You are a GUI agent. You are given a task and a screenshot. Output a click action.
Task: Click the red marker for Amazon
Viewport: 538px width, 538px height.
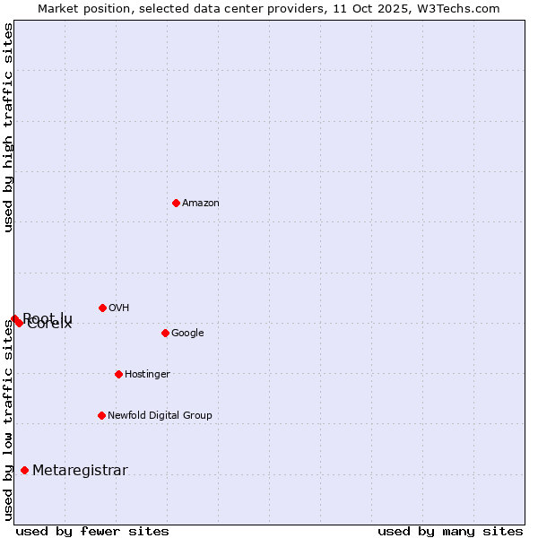click(176, 203)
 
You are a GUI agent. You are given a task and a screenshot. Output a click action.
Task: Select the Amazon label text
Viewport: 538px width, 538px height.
click(201, 204)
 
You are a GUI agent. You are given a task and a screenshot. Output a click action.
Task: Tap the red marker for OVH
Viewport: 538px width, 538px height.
click(102, 308)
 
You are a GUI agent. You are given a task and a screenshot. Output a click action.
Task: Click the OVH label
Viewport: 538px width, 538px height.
click(119, 308)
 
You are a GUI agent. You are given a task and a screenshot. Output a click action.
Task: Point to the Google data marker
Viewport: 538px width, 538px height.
click(165, 333)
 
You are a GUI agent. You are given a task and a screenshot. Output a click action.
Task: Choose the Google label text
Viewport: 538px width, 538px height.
click(187, 334)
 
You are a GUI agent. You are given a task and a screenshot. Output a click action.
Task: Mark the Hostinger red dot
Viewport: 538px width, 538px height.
click(118, 374)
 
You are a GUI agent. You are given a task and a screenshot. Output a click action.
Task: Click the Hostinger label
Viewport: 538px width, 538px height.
click(147, 375)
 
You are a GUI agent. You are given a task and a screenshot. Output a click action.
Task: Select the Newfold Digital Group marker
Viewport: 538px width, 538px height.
click(101, 415)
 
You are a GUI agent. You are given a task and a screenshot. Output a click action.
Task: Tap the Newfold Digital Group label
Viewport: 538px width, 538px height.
click(160, 416)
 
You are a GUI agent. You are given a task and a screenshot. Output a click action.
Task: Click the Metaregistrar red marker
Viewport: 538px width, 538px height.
click(24, 470)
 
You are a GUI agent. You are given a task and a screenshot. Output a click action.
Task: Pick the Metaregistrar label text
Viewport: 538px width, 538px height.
click(80, 471)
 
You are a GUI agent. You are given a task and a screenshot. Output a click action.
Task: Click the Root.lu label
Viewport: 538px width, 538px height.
click(48, 317)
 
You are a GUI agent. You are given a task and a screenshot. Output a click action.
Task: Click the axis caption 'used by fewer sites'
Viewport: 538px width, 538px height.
click(92, 531)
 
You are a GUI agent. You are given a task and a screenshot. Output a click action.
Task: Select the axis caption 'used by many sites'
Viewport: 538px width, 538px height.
click(450, 531)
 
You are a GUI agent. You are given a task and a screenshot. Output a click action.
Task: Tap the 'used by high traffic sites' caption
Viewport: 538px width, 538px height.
click(9, 127)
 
